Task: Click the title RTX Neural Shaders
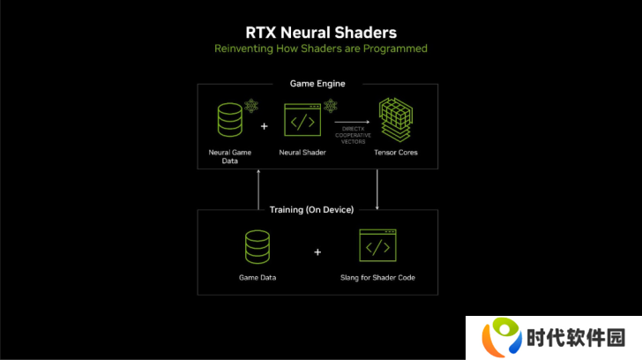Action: click(321, 33)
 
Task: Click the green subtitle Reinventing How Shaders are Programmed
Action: click(321, 49)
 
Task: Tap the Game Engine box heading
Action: click(317, 84)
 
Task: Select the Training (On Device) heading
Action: click(311, 210)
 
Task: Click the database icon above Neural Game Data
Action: click(229, 120)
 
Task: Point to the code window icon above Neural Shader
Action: click(302, 120)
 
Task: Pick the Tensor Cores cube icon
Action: click(396, 120)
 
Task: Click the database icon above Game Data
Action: click(258, 247)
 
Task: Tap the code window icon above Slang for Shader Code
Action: click(377, 245)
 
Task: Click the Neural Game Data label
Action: click(229, 156)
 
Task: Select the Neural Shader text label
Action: click(302, 153)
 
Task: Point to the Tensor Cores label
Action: click(396, 153)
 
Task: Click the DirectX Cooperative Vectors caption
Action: click(353, 135)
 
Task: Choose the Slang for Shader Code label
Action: click(377, 278)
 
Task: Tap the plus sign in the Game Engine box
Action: click(264, 126)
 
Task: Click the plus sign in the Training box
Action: click(317, 252)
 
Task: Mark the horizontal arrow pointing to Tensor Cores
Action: click(352, 122)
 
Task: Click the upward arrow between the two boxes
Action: click(258, 189)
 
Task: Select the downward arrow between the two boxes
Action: click(377, 189)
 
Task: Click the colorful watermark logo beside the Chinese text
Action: click(502, 337)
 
